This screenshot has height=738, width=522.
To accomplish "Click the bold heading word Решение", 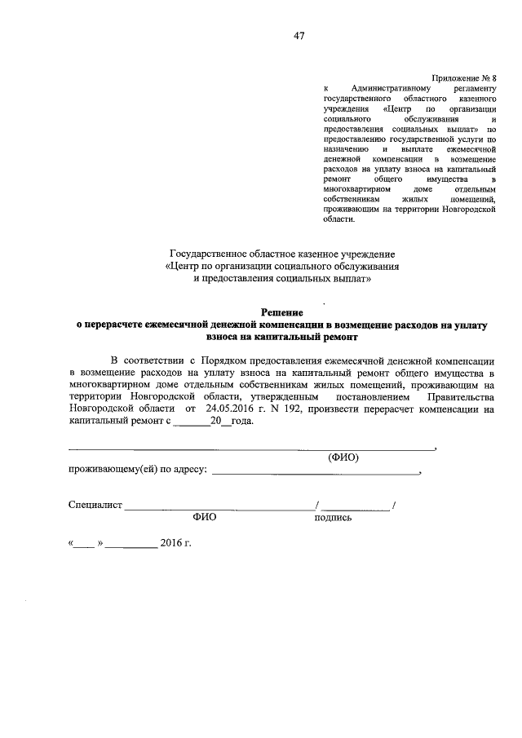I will coord(281,312).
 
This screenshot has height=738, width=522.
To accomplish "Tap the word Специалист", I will coord(95,506).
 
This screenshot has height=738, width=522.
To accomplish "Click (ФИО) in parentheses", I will coord(343,457).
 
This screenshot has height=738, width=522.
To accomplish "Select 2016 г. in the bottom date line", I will coord(175,543).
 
